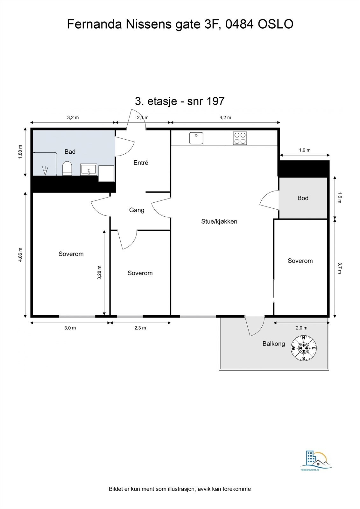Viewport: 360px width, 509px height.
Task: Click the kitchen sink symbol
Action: coord(196,138)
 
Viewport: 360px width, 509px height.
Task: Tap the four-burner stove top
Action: coord(240,138)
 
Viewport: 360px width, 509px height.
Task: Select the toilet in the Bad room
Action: coord(67,168)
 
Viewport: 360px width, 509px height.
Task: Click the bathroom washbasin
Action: coord(89,170)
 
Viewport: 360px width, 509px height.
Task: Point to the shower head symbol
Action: coord(45,171)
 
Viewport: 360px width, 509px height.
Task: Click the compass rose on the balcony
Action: coord(304,348)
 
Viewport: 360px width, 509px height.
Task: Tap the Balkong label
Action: coord(274,344)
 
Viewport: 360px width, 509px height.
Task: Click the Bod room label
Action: coord(303,198)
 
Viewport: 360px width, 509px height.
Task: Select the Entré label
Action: coord(141,163)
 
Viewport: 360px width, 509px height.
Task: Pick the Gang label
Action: coord(137,210)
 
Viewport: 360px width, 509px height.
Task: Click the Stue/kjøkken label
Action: coord(219,221)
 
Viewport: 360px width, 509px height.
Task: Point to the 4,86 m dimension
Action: coord(20,254)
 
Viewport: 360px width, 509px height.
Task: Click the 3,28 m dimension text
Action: coord(99,272)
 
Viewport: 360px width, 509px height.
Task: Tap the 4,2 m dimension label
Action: coord(225,117)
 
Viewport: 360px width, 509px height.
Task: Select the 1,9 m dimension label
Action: coord(305,150)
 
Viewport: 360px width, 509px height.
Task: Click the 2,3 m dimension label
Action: coord(140,328)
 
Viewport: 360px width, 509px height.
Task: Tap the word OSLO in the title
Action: coord(275,24)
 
